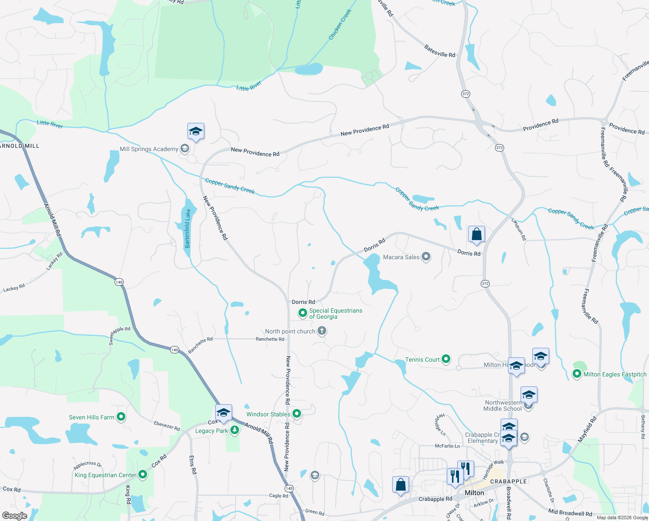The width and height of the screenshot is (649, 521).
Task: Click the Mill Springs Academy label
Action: [x=149, y=149]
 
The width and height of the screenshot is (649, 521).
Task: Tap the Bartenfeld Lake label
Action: [x=188, y=228]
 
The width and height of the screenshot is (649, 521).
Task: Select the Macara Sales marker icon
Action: [x=426, y=257]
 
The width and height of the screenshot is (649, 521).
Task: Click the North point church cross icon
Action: [x=322, y=331]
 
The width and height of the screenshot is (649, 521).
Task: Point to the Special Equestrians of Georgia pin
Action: [x=303, y=313]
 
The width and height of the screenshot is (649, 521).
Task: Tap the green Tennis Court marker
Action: [x=446, y=359]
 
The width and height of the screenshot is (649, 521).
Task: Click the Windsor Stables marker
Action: [x=297, y=414]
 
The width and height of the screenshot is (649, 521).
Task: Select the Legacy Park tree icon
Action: [x=235, y=430]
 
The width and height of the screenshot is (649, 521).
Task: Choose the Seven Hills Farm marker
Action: [x=121, y=417]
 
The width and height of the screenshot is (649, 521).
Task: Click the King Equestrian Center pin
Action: [x=142, y=475]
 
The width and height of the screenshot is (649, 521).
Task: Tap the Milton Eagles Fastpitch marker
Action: [x=577, y=374]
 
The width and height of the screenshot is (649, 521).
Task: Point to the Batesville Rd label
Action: [x=439, y=51]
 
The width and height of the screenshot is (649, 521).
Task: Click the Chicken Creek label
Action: [x=340, y=25]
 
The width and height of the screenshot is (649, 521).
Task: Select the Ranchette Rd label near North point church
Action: [x=270, y=339]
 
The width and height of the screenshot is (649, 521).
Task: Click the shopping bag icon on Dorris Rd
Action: [x=476, y=234]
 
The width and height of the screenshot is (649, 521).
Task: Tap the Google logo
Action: [x=14, y=516]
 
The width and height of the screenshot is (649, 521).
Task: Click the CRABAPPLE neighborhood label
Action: [x=508, y=481]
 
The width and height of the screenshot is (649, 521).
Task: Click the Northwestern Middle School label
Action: [x=503, y=406]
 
